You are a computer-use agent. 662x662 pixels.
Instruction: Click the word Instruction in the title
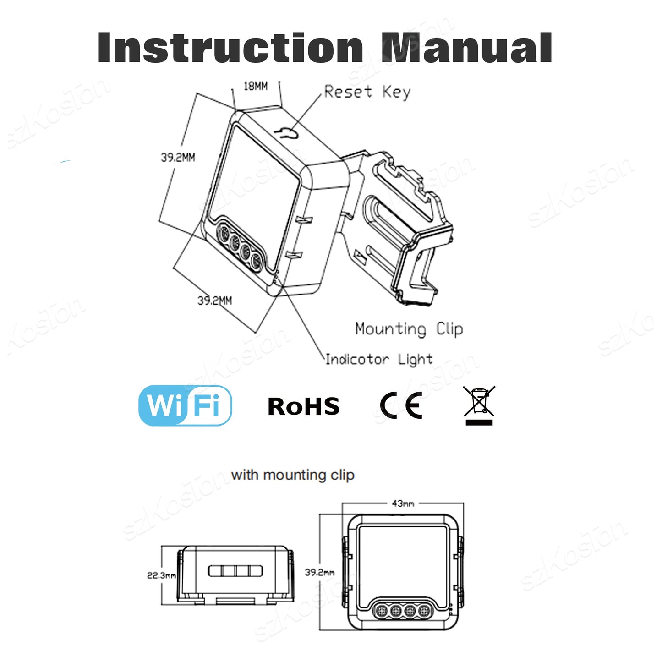point(230,48)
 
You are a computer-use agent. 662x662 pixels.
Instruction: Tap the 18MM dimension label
point(255,86)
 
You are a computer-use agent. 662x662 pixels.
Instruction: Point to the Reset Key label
point(367,92)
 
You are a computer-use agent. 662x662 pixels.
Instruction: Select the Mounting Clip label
point(409,329)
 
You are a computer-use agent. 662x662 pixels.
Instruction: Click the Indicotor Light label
point(378,360)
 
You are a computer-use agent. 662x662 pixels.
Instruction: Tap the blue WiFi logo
point(185,406)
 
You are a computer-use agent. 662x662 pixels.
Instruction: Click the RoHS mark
point(303,407)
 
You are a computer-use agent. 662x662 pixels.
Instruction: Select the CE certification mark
point(401,406)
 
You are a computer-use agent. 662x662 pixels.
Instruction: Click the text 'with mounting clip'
point(293,475)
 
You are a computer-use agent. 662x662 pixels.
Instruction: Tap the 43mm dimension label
point(403,503)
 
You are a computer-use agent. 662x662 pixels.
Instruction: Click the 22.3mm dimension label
point(161,575)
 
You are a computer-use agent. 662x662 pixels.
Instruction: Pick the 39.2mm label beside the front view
point(319,572)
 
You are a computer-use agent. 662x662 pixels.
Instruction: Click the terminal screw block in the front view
point(403,610)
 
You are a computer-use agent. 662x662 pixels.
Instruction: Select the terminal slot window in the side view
point(235,571)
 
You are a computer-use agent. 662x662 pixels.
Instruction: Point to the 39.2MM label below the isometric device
point(214,301)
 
